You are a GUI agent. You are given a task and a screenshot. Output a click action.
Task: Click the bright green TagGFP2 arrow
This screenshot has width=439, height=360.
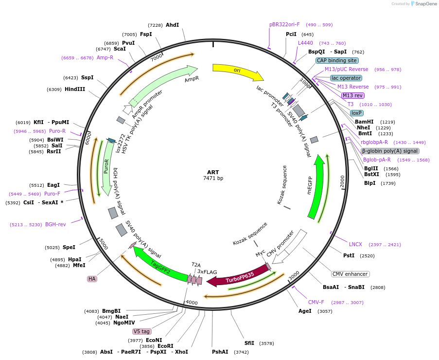click(x=160, y=266)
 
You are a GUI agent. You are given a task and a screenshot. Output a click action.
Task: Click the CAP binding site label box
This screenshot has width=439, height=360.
click(x=337, y=61)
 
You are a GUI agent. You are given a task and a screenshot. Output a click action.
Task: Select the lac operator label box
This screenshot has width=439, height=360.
click(x=346, y=78)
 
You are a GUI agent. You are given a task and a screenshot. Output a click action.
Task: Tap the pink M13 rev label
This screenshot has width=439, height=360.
click(x=352, y=95)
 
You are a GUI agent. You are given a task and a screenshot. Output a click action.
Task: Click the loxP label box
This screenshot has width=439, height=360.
click(x=356, y=113)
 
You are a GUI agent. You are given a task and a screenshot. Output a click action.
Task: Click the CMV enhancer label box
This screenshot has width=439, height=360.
click(x=350, y=274)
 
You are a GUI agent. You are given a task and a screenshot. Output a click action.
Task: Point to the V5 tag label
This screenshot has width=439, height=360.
click(x=141, y=331)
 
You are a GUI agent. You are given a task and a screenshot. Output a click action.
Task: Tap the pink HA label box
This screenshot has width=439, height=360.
click(x=92, y=279)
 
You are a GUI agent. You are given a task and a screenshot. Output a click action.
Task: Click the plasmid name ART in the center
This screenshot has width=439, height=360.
click(x=213, y=172)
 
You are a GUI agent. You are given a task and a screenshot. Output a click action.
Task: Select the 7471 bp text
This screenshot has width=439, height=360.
click(x=213, y=179)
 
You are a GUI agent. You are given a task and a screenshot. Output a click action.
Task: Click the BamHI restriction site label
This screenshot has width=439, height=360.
click(x=364, y=122)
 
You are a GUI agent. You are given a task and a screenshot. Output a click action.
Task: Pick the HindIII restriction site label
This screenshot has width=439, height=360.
click(x=75, y=90)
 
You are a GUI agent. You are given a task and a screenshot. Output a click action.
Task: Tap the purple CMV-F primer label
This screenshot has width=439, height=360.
click(x=316, y=302)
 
